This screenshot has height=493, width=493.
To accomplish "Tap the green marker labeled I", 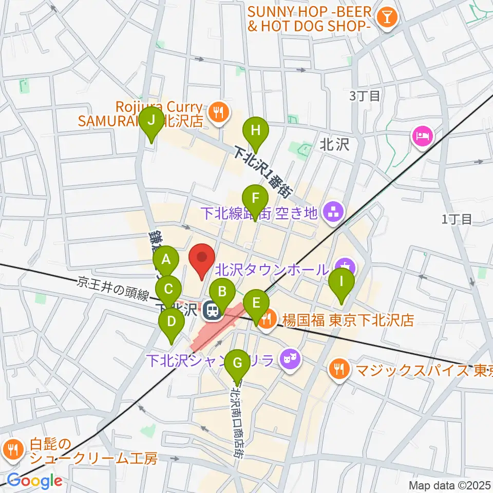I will click(342, 282).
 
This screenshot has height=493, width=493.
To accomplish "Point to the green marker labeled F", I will click(255, 198).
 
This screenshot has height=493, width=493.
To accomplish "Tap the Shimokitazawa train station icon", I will click(211, 310).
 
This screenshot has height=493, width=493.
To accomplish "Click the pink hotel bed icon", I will click(422, 137).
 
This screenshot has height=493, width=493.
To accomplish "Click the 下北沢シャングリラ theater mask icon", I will click(289, 357).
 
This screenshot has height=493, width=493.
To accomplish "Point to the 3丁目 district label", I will click(365, 96).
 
